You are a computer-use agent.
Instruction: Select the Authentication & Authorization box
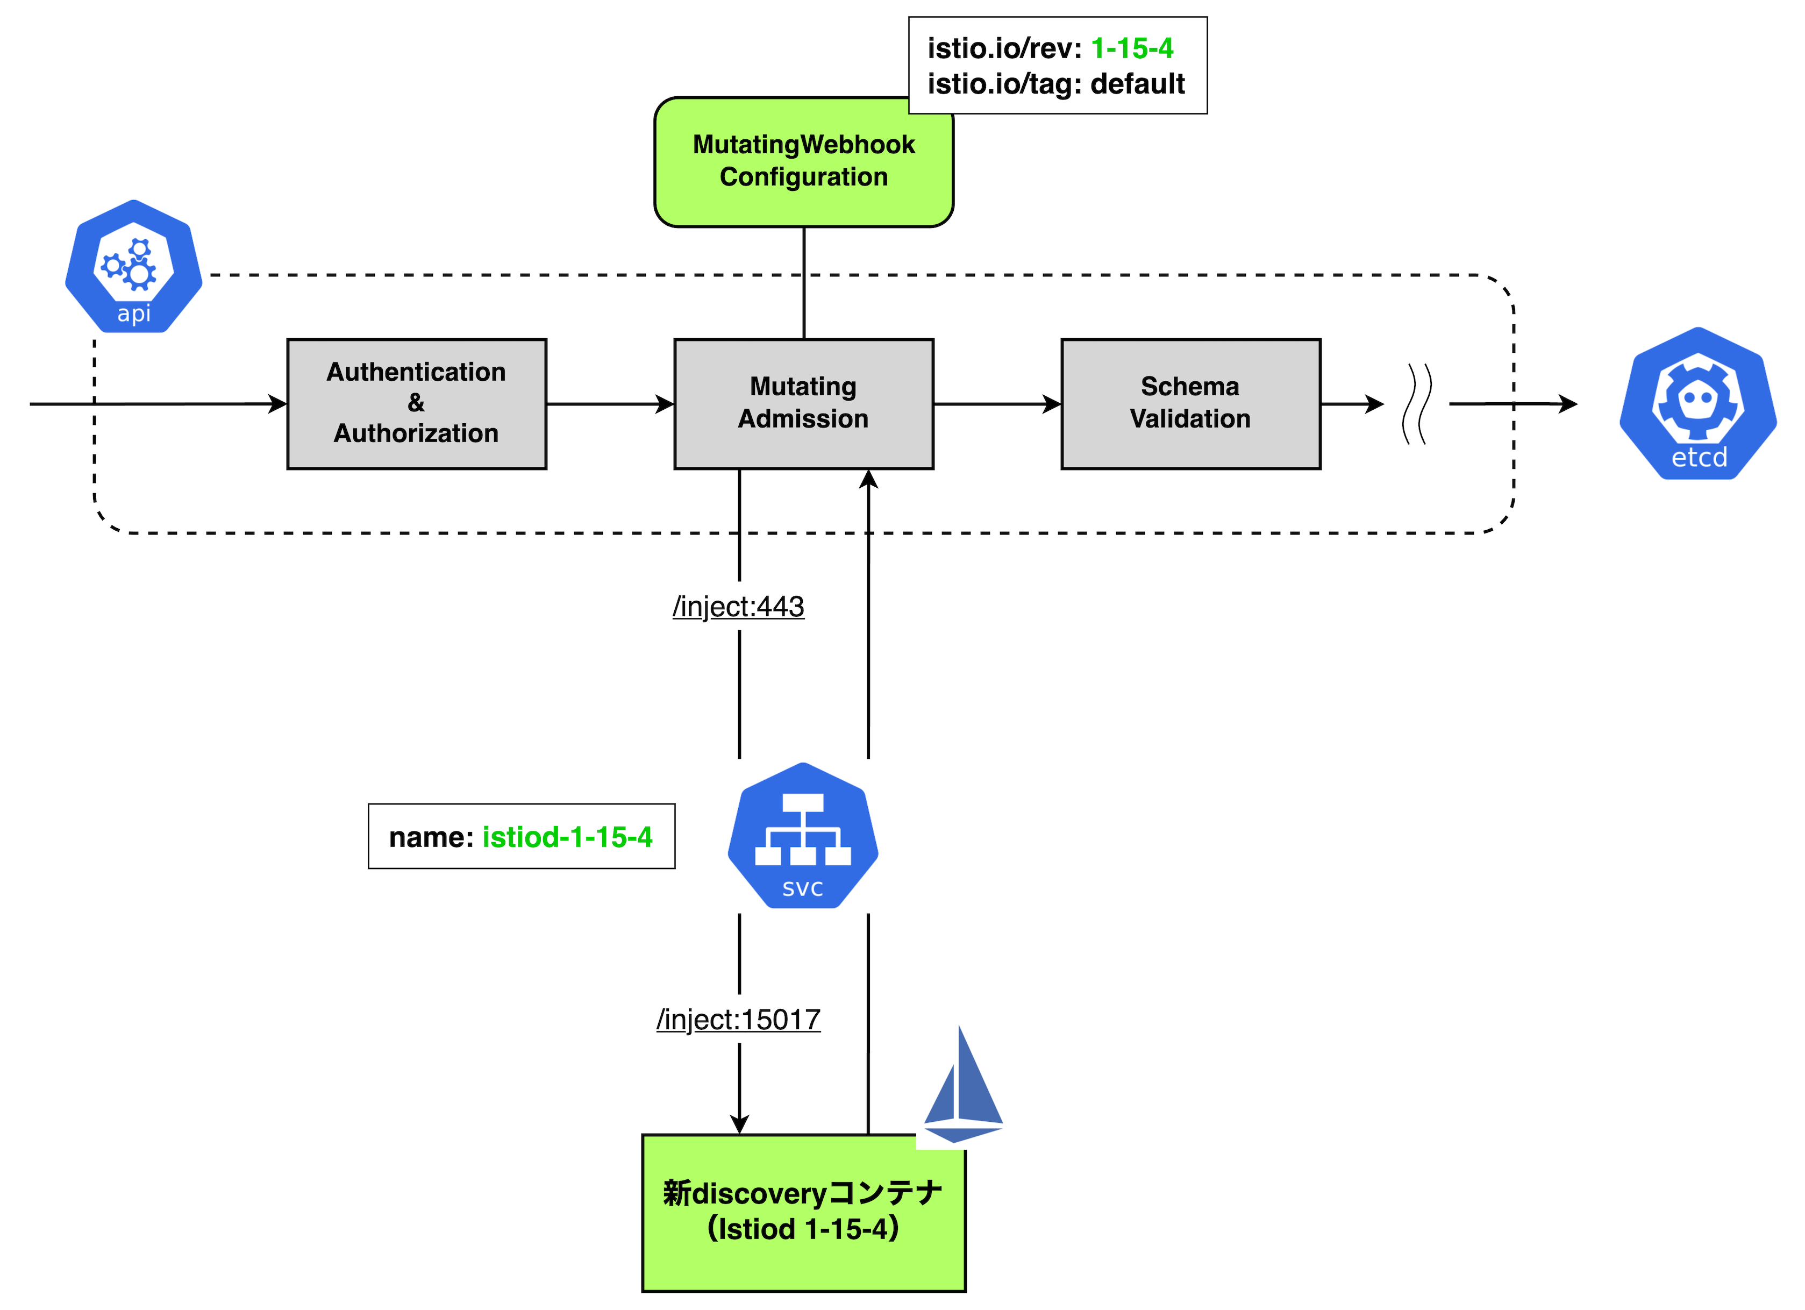coord(416,403)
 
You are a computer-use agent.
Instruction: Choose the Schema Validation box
coord(1190,403)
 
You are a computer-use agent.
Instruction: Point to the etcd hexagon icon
coord(1699,403)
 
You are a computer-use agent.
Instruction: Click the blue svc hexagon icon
coord(803,836)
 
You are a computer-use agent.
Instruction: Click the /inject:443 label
coord(739,607)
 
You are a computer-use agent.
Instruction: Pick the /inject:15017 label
coord(739,1020)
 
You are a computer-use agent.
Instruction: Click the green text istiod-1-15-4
coord(567,836)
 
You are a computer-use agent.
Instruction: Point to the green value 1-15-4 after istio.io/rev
coord(1132,48)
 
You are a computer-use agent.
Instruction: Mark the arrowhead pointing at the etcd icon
coord(1568,403)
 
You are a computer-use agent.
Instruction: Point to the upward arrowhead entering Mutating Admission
coord(868,478)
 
